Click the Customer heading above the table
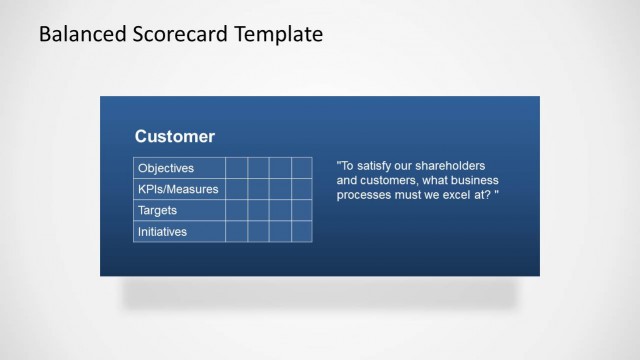(175, 136)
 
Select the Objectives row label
(166, 168)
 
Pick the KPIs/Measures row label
(178, 189)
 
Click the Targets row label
(159, 211)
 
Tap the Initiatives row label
(163, 232)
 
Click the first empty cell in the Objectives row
(236, 168)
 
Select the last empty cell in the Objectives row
(302, 168)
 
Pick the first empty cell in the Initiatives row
(236, 232)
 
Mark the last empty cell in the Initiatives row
(302, 232)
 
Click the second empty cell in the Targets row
(258, 211)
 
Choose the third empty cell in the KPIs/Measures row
(280, 189)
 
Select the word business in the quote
(472, 180)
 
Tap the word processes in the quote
(366, 194)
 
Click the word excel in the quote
(461, 194)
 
